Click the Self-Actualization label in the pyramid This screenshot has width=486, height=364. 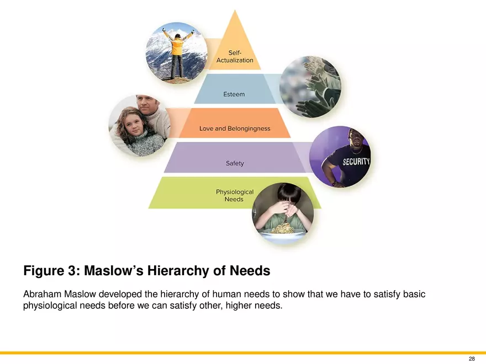point(235,57)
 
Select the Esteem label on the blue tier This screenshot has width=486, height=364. point(234,94)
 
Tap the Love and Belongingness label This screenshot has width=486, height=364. point(235,129)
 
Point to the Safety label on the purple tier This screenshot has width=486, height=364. point(235,163)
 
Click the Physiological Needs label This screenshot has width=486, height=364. point(235,196)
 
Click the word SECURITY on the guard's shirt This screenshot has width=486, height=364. point(356,162)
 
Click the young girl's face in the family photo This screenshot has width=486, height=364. point(133,123)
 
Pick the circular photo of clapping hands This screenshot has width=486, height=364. point(310,87)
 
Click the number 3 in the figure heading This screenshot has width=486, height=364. point(70,271)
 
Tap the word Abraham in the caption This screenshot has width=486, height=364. point(43,294)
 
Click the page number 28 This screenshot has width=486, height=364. point(472,358)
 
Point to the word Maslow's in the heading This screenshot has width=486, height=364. point(114,271)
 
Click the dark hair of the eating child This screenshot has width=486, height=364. point(289,191)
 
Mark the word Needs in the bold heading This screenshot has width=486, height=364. point(250,271)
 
